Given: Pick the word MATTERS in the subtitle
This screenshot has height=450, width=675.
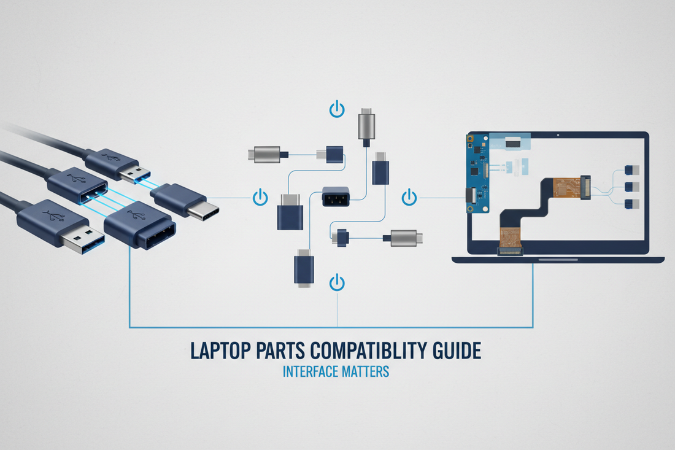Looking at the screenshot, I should click(365, 371).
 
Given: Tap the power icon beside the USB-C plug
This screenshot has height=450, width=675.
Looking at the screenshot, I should click(260, 198).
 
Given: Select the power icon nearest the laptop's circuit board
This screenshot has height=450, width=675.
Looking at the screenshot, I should click(409, 198).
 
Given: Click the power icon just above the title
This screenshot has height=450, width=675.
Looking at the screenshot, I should click(337, 283).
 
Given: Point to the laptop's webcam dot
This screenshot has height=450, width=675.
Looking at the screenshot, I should click(557, 134).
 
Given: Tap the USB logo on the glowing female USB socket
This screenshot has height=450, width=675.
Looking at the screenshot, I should click(75, 180).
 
